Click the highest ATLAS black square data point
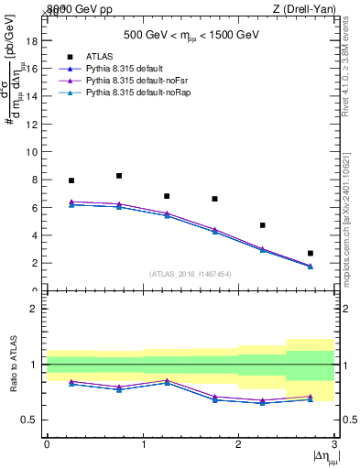point(119,176)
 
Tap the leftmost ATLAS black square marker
point(71,180)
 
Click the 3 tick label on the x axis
point(334,444)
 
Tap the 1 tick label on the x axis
point(143,444)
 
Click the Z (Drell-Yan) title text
point(307,8)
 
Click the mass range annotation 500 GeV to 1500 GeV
point(191,37)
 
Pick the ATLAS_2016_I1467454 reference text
point(190,274)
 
